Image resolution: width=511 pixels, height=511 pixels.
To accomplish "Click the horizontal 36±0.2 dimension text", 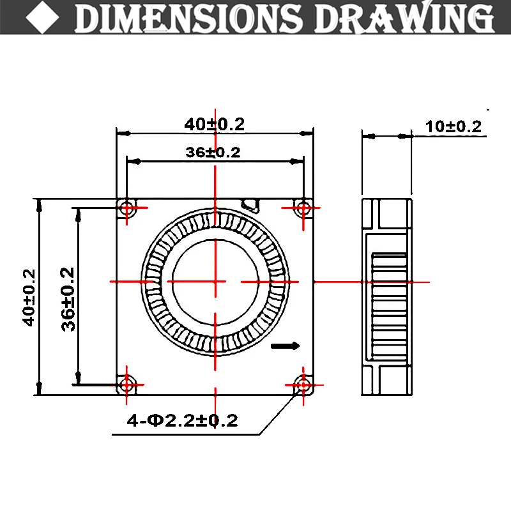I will (214, 152).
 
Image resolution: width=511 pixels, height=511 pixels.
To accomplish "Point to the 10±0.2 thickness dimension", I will (454, 126).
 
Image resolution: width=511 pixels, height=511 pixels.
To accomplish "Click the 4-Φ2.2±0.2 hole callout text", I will (183, 420).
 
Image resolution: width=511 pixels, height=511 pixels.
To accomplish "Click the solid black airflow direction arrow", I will (286, 346).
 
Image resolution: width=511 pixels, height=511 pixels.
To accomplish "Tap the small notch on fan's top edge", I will (250, 204).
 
